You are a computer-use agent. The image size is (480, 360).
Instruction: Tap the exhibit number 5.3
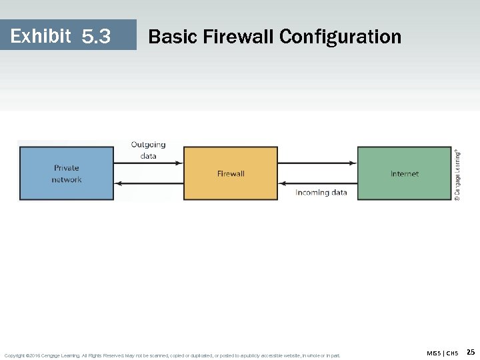[96, 36]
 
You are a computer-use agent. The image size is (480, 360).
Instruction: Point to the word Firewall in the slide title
[235, 36]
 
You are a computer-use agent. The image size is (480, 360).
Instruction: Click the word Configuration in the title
[340, 36]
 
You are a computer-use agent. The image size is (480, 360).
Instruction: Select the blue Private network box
[67, 173]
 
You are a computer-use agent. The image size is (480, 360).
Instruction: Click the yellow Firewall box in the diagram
[231, 173]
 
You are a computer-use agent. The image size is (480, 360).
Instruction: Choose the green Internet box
[404, 173]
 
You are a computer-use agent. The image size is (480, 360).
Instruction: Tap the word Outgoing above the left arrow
[148, 145]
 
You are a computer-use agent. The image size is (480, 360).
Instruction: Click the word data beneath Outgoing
[148, 156]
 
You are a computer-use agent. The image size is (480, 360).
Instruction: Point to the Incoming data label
[321, 193]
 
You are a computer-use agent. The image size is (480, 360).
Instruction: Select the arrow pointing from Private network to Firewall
[148, 163]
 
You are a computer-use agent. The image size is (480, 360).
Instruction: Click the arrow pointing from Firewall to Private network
[148, 183]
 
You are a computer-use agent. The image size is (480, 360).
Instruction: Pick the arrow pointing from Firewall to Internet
[317, 163]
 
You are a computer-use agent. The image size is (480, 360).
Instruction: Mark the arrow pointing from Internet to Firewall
[317, 183]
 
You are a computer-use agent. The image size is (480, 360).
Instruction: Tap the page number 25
[470, 352]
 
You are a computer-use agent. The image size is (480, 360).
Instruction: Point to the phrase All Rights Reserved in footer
[102, 355]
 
